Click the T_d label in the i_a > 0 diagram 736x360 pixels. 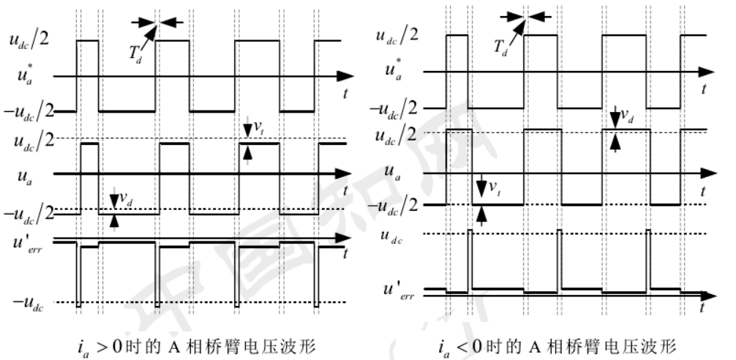(136, 53)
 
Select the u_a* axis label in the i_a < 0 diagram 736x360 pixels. (396, 72)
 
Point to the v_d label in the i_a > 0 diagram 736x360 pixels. (127, 199)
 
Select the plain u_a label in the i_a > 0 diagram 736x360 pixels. (29, 176)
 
